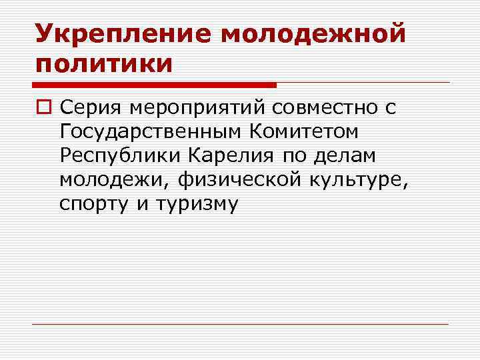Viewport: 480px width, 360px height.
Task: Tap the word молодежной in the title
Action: tap(313, 33)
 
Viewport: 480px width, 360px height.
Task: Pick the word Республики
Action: tap(120, 155)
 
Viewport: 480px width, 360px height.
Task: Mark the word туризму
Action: tap(196, 204)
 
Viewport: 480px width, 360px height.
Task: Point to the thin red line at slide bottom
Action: tap(240, 324)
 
